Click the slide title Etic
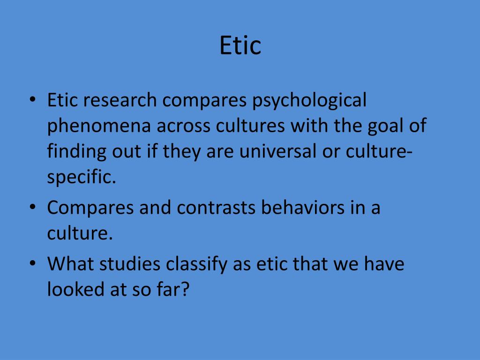[x=240, y=46]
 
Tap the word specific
[x=81, y=179]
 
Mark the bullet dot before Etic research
[x=32, y=100]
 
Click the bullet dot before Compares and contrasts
[x=32, y=207]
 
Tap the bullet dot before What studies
[x=32, y=263]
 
